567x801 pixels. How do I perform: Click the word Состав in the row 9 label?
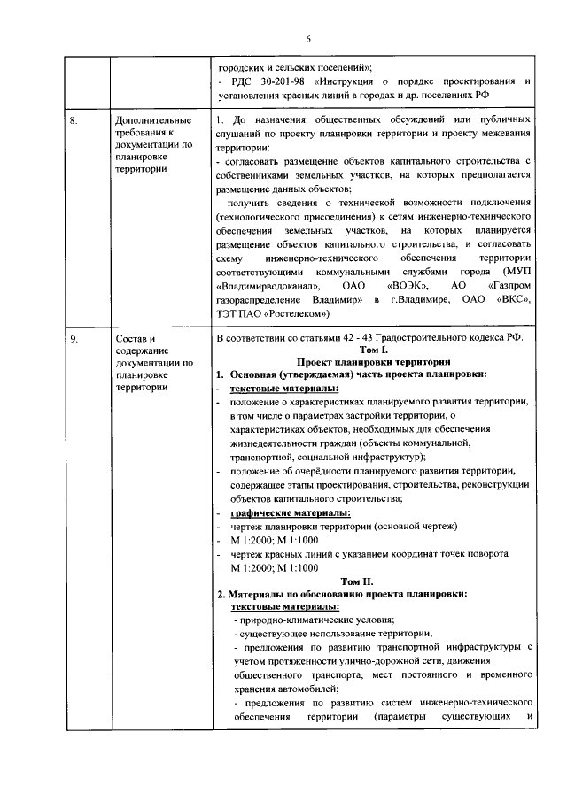coord(135,339)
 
